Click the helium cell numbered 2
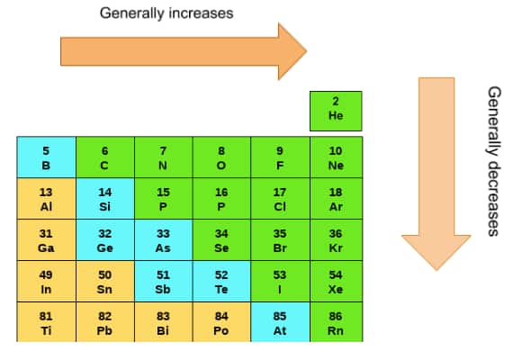point(336,111)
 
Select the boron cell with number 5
point(47,157)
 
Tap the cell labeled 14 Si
point(105,199)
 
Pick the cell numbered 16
point(221,199)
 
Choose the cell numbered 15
point(164,199)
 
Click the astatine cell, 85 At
point(280,321)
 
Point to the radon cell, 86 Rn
point(336,321)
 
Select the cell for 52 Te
point(221,281)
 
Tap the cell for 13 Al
point(47,199)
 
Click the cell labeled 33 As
point(164,239)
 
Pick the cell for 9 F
point(280,157)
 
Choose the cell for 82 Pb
point(105,321)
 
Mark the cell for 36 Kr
point(336,239)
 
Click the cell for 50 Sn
point(105,281)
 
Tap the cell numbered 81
point(47,321)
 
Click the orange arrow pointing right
point(184,51)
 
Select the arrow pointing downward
point(436,174)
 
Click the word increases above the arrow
point(202,13)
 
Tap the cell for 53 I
point(280,281)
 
